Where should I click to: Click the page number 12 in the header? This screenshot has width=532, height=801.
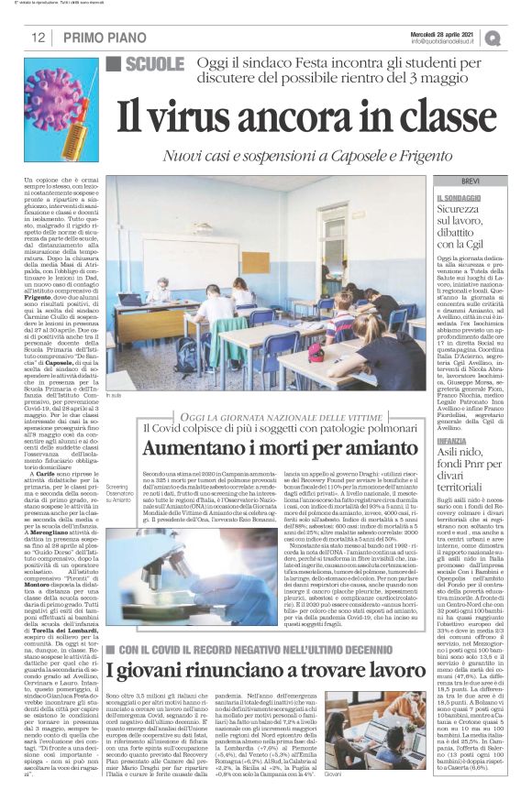(x=39, y=38)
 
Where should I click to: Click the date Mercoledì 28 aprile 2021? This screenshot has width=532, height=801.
(x=444, y=33)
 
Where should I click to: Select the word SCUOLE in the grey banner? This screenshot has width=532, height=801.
(x=154, y=65)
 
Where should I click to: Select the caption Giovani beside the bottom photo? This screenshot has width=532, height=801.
(x=359, y=774)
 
